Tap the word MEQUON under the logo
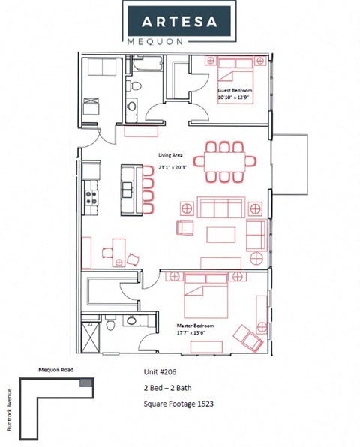click(180, 42)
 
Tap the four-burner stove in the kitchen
click(92, 198)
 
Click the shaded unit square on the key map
click(88, 384)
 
